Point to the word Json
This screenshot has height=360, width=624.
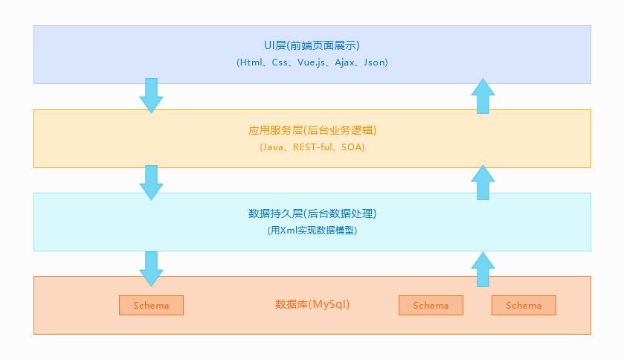(375, 62)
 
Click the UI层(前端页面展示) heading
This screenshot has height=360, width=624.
(312, 45)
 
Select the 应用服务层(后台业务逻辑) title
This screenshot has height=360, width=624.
(312, 130)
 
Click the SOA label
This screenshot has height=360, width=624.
(353, 147)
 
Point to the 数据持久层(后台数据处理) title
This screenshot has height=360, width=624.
(312, 213)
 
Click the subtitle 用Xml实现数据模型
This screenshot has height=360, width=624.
(312, 231)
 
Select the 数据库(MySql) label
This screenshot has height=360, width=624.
(312, 304)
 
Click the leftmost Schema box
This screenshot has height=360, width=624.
(151, 305)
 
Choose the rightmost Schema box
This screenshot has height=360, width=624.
(524, 305)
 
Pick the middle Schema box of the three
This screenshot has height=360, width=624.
(431, 305)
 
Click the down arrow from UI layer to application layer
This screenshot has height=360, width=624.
(151, 95)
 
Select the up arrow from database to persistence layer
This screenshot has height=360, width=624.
(483, 269)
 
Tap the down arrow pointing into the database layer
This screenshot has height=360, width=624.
(151, 269)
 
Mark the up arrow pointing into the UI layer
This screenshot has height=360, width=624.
(483, 96)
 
